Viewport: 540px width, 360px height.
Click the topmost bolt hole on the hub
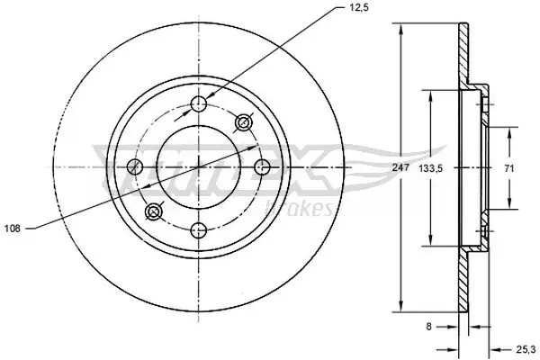(x=199, y=104)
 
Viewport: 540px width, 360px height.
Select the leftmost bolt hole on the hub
(x=136, y=166)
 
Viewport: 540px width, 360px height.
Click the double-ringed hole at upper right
(x=243, y=122)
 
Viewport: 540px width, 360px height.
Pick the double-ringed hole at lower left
(x=154, y=211)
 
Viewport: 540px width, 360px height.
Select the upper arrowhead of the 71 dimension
(x=510, y=128)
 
